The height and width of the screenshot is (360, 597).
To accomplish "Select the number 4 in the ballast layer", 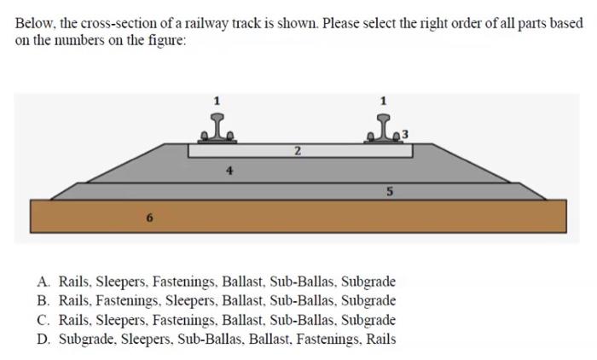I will click(229, 170).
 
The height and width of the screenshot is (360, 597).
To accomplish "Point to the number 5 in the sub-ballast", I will click(389, 192).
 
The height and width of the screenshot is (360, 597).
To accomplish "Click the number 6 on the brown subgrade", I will click(148, 218).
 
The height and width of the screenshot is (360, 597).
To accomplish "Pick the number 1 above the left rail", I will click(217, 101).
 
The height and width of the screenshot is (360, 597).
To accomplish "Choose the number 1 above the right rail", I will click(383, 101).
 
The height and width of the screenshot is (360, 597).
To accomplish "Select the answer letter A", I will click(43, 282).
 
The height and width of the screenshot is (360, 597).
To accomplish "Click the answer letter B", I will click(43, 300).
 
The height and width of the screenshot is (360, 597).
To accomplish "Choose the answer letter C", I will click(43, 320).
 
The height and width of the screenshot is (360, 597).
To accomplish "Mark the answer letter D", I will click(43, 339).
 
